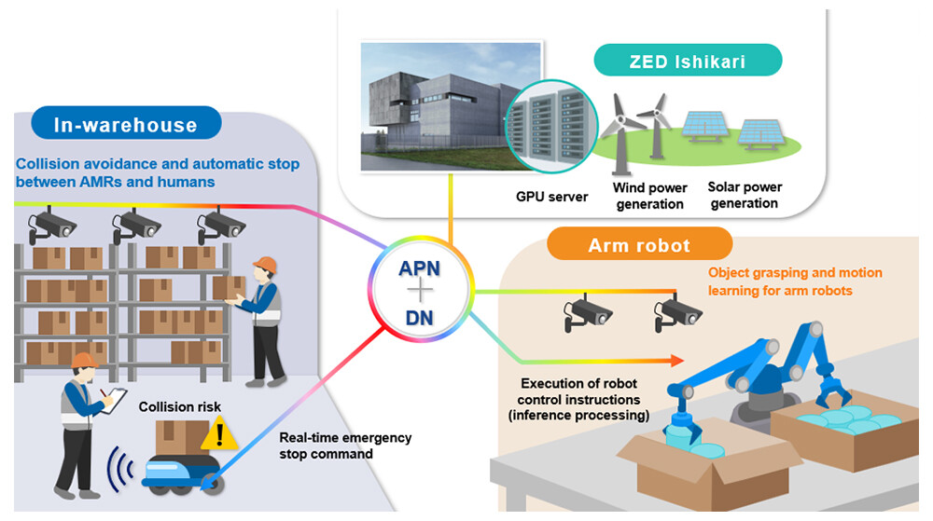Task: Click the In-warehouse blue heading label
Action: [126, 124]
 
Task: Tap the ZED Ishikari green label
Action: [689, 62]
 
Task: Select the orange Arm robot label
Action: [639, 245]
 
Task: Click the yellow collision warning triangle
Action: [220, 432]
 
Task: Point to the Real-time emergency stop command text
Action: [345, 446]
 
